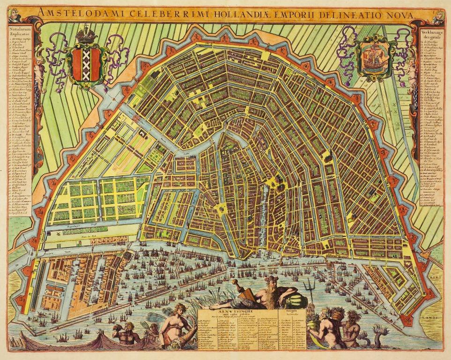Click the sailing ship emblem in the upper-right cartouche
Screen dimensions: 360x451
click(x=372, y=56)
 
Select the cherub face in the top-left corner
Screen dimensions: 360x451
click(x=15, y=15)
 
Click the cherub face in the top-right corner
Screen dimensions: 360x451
click(x=438, y=15)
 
